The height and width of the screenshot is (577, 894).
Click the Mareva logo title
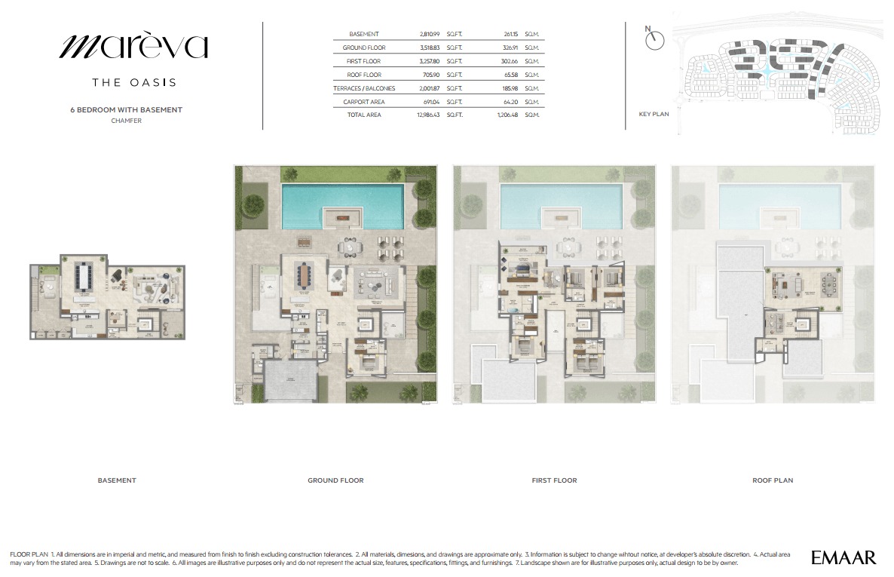[133, 47]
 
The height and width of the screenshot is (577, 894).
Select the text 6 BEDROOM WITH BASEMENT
[126, 109]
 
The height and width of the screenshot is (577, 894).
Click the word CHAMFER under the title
[126, 121]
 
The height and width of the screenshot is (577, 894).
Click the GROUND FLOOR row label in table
[364, 48]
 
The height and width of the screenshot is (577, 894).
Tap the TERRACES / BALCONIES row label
[364, 88]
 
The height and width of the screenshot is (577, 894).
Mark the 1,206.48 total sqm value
[508, 115]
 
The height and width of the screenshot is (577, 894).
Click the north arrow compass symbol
[655, 40]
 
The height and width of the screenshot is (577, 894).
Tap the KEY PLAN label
[654, 115]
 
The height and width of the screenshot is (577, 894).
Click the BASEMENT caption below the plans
[117, 480]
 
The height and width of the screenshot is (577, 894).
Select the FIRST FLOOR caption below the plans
[554, 480]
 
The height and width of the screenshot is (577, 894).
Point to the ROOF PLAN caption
[773, 480]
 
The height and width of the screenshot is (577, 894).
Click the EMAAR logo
[843, 558]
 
